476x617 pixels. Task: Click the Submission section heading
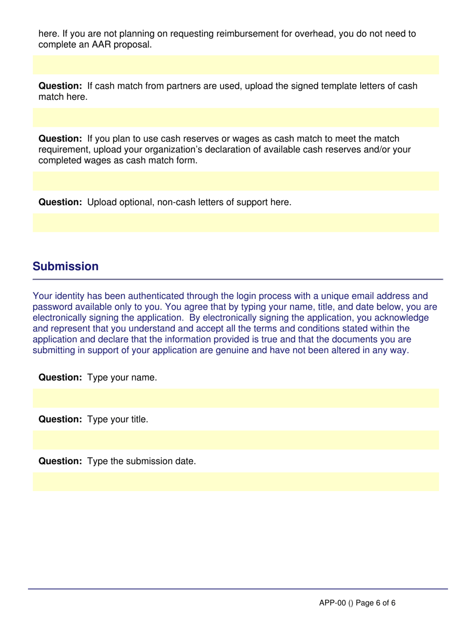pos(66,266)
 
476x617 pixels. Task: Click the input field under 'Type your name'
pos(235,398)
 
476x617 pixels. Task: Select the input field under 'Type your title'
pos(235,440)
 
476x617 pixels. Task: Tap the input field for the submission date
pos(235,482)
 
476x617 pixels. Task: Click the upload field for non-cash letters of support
pos(235,223)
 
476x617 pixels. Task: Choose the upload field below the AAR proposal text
pos(235,65)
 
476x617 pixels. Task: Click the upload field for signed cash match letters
pos(235,118)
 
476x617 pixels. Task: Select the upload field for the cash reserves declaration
pos(235,181)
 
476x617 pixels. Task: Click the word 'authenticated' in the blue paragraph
pos(133,295)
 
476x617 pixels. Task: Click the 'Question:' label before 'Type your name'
pos(61,377)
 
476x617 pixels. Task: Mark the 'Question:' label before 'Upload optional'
pos(61,203)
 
